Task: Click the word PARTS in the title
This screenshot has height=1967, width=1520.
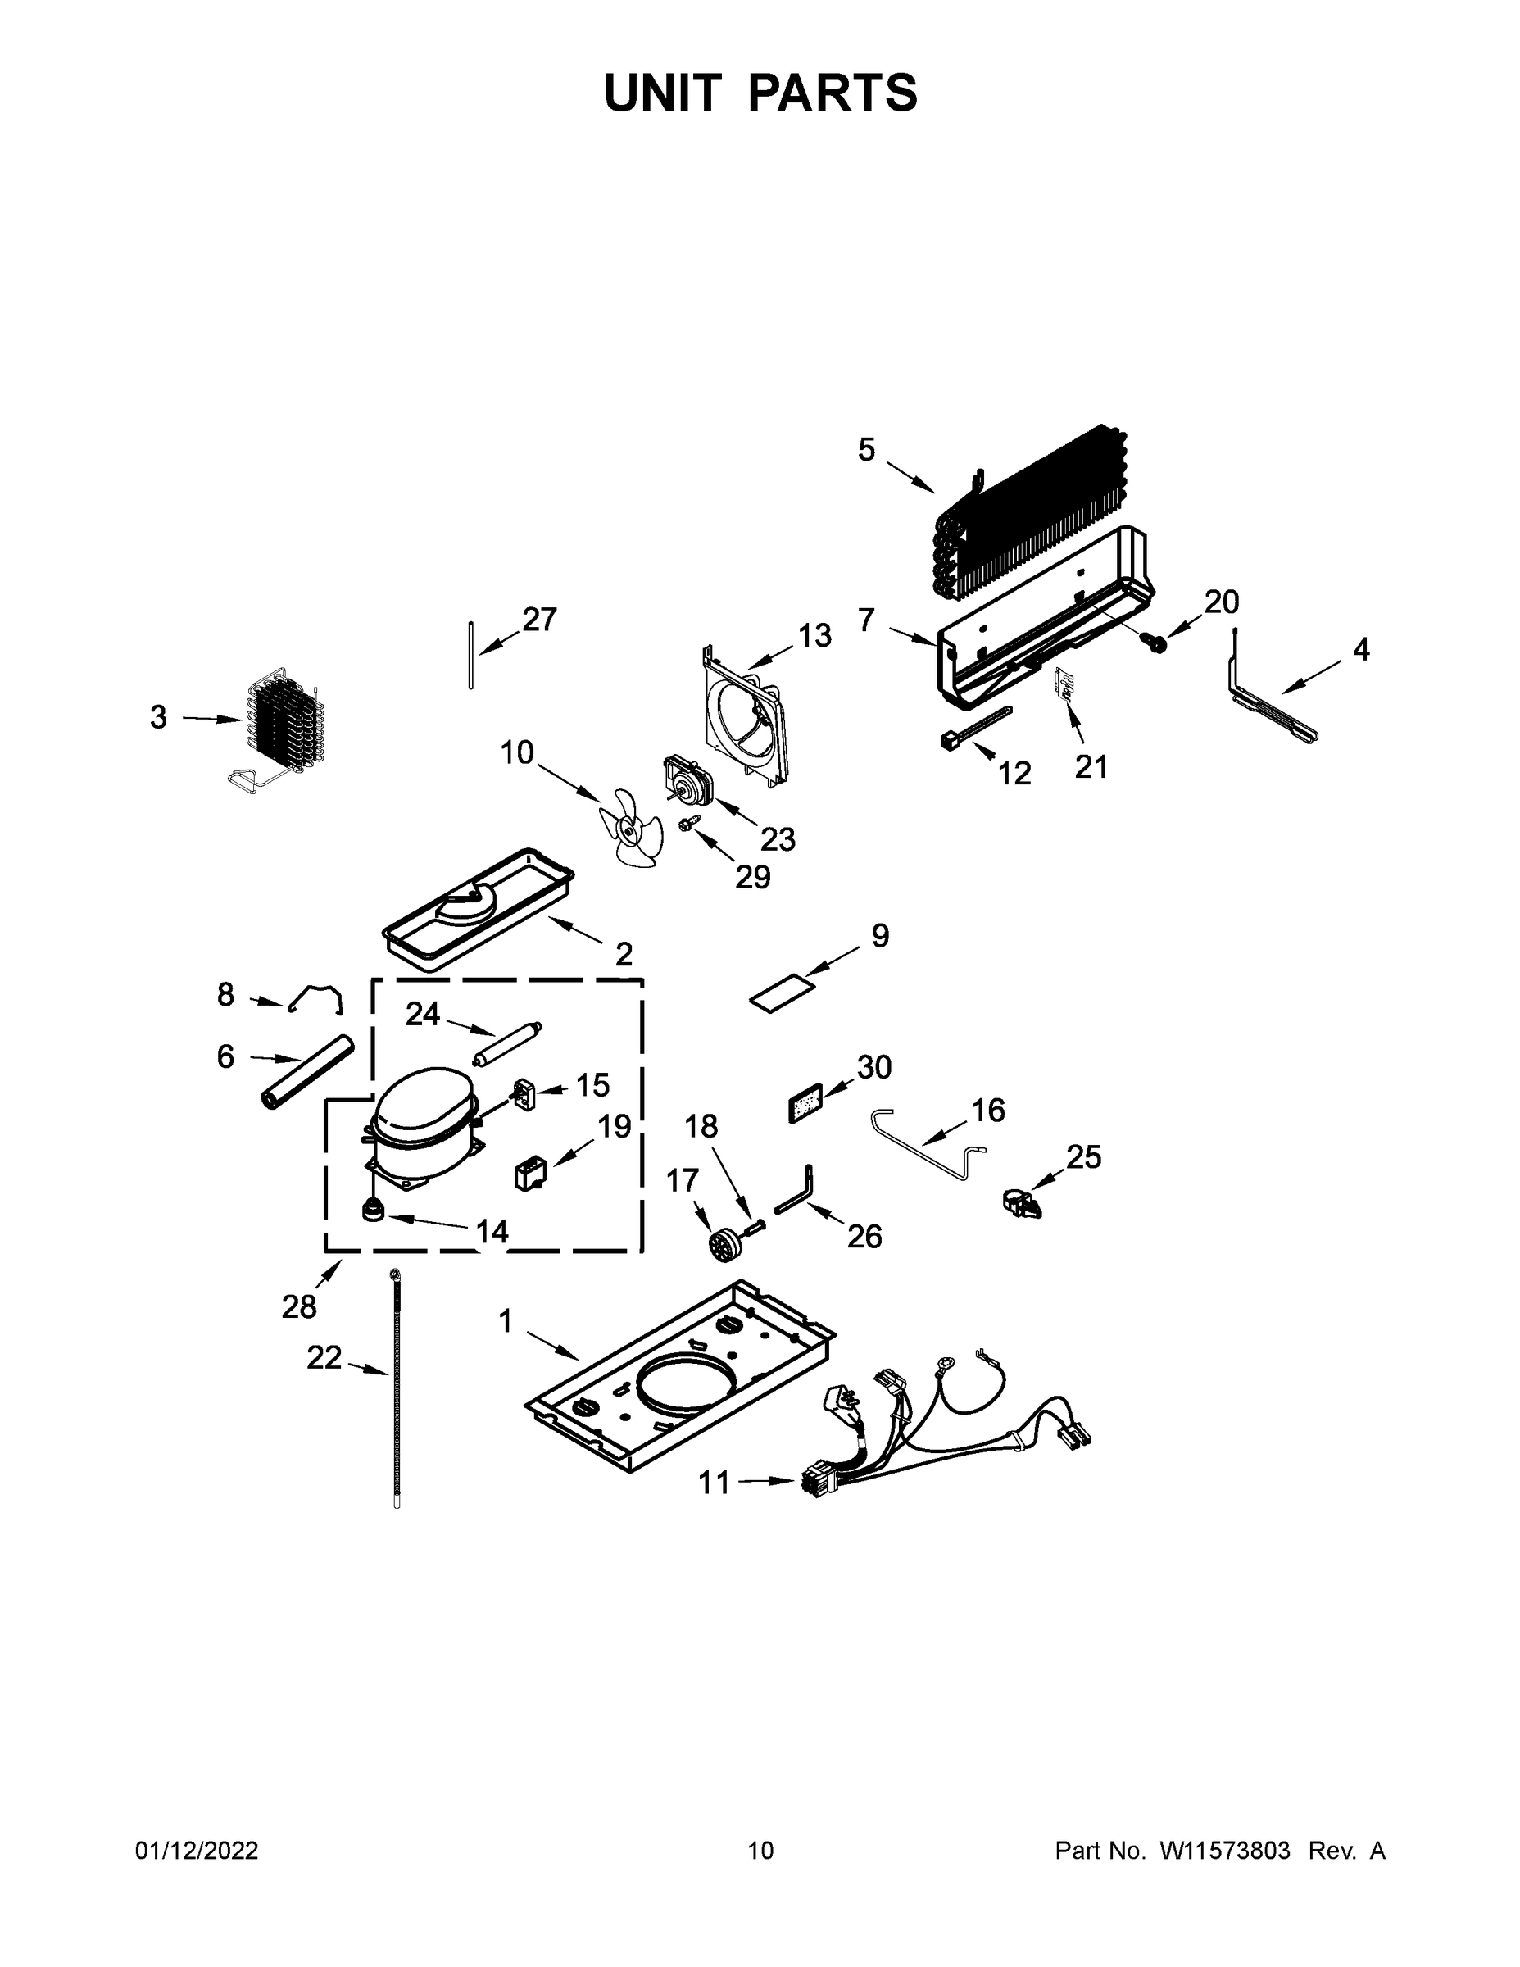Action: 832,93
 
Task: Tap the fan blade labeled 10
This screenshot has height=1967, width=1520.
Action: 631,823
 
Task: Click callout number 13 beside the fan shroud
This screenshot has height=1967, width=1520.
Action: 814,636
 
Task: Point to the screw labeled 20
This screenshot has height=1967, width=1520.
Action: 1155,643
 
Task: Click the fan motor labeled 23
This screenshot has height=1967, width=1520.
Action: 685,780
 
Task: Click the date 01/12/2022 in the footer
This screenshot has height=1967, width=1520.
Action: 197,1850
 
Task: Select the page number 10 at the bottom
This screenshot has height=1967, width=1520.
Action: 760,1850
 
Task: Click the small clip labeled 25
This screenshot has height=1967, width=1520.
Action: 1020,1202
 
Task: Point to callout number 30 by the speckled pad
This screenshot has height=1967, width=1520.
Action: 873,1066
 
